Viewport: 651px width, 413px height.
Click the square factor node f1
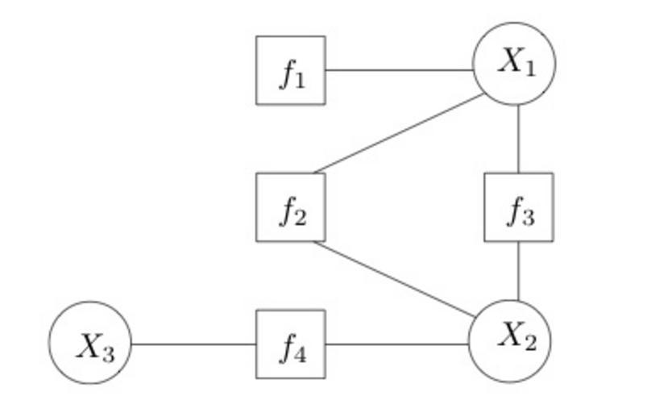pos(291,70)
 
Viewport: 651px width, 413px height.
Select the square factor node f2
pos(291,207)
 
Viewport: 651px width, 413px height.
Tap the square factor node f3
pos(518,207)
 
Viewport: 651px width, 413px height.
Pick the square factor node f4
pos(291,344)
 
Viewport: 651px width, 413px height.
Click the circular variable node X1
pos(515,64)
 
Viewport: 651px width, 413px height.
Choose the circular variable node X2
pos(510,340)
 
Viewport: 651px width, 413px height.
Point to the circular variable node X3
pos(90,344)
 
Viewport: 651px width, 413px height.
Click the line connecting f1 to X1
pos(399,70)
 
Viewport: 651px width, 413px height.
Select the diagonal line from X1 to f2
pos(400,133)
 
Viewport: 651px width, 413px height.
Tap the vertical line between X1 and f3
pos(518,139)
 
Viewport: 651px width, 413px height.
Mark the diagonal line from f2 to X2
pos(395,279)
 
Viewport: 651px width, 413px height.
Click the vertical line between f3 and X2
pos(518,271)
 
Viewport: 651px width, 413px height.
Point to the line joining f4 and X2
pos(396,344)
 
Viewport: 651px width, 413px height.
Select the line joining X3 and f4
pos(193,344)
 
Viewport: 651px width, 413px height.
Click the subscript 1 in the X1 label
pos(529,69)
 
